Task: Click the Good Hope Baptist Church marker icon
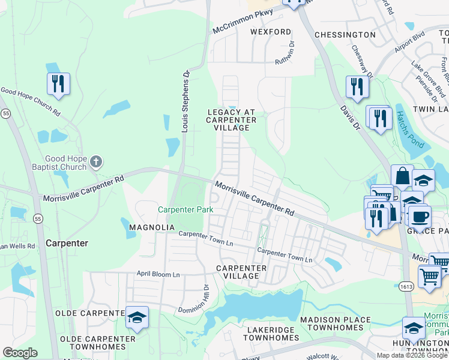[x=97, y=161]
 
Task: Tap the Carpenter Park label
[x=185, y=210]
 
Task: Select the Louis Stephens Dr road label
[x=185, y=101]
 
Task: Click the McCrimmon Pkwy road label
[x=243, y=21]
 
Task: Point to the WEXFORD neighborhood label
[x=271, y=32]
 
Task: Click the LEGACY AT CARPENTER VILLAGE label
[x=231, y=120]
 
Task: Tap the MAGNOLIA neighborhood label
[x=152, y=227]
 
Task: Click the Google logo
[x=20, y=353]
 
